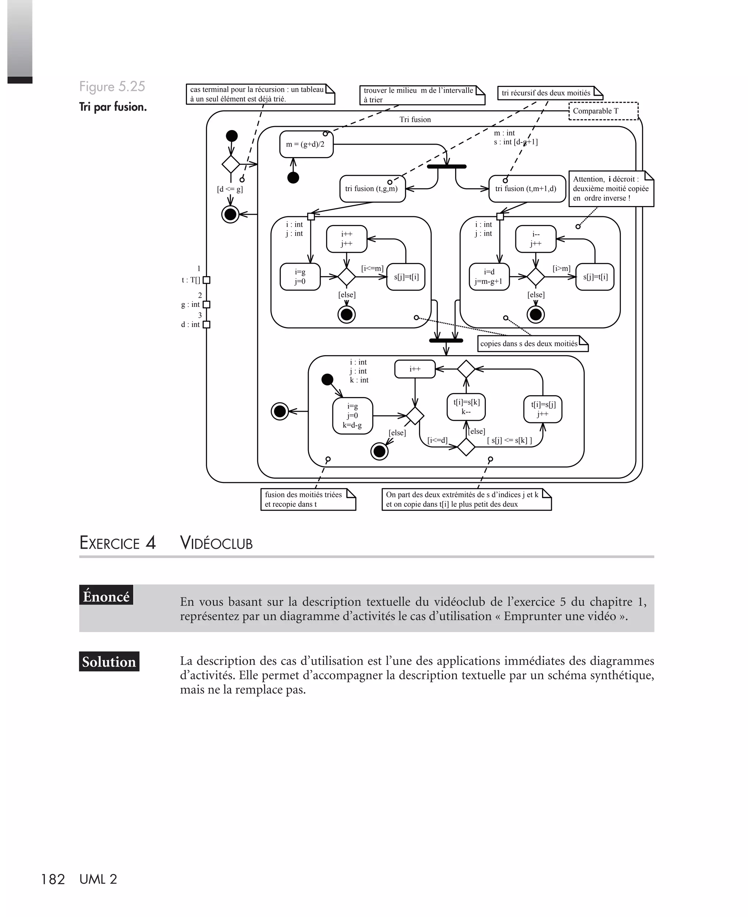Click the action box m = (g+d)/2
click(306, 144)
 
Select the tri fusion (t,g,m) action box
click(372, 189)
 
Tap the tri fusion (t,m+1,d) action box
click(527, 189)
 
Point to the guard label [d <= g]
click(230, 189)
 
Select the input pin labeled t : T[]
click(206, 280)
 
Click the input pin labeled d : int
click(206, 324)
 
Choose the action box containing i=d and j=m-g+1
click(489, 277)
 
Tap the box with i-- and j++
click(535, 239)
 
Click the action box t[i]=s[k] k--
click(466, 407)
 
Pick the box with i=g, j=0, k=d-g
click(352, 416)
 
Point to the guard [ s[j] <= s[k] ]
click(509, 440)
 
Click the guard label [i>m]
click(561, 269)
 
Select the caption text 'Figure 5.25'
click(112, 87)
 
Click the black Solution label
click(109, 662)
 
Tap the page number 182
click(53, 879)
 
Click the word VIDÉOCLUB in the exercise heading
click(216, 543)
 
